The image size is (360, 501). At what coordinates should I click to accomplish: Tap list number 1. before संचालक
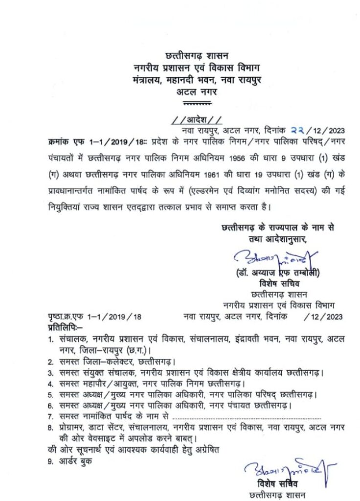tap(50, 339)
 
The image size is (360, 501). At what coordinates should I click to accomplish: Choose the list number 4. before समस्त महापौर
tap(50, 383)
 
